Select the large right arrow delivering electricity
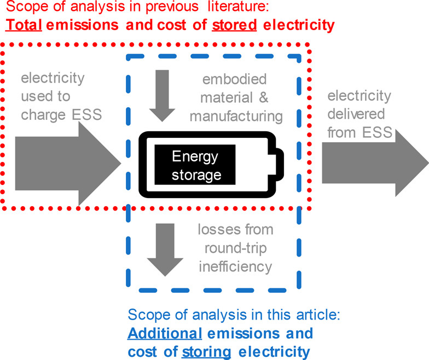372,162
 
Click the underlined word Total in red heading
24,25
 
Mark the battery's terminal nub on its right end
281,164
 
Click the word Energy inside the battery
195,157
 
